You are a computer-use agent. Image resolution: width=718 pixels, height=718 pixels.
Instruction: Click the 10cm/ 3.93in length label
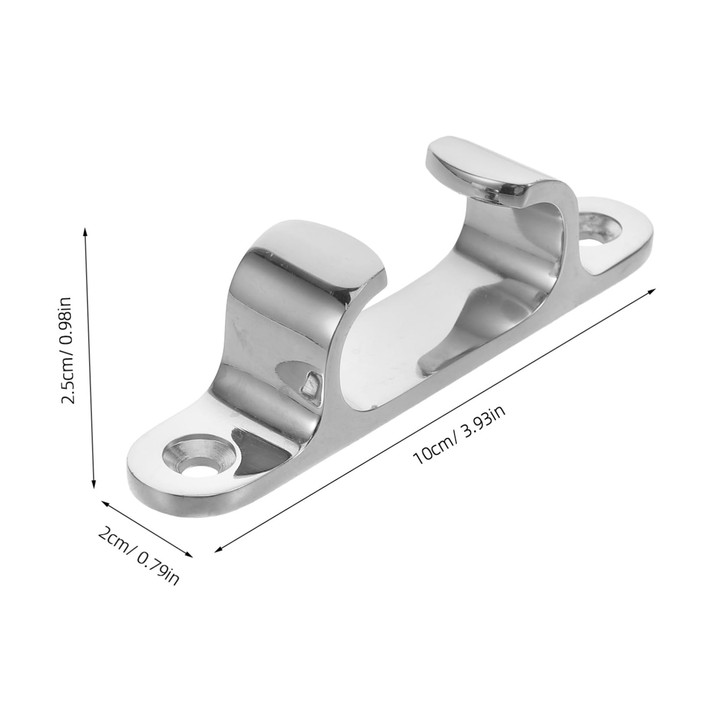click(x=460, y=433)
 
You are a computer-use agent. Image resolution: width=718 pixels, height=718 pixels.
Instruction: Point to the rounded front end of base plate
click(x=143, y=481)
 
